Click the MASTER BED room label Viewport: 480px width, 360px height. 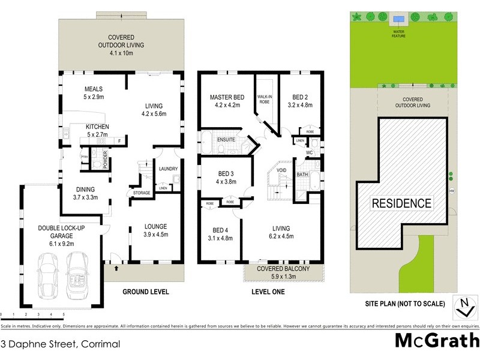click(225, 97)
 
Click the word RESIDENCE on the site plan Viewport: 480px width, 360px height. click(401, 203)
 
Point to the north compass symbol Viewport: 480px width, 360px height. click(463, 306)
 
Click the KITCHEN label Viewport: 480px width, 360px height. click(97, 127)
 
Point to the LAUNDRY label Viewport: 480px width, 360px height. click(168, 169)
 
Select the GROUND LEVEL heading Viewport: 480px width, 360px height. click(145, 292)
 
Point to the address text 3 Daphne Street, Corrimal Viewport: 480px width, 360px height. click(61, 344)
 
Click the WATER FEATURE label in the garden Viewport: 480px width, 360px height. click(399, 34)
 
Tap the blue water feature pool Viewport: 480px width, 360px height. click(399, 17)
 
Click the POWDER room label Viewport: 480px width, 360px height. click(105, 159)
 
